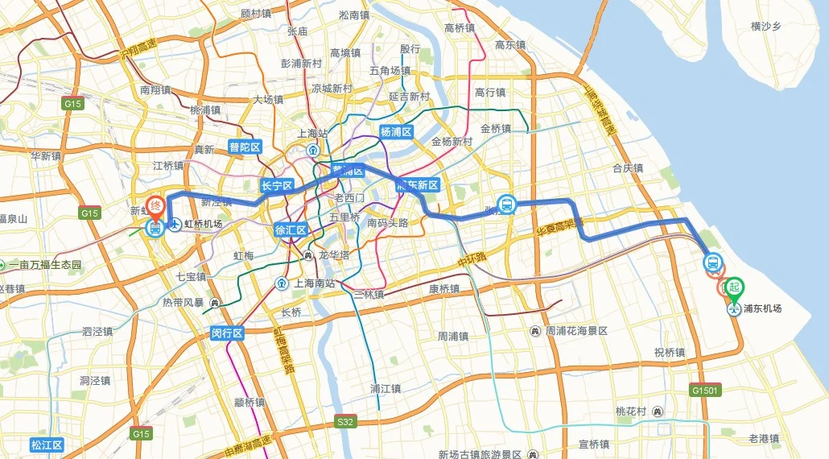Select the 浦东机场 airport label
[761, 308]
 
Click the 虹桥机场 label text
[203, 225]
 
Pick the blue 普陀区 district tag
[245, 147]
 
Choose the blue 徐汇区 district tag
[291, 229]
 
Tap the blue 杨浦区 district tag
[396, 131]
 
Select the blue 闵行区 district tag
[226, 333]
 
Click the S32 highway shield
[344, 421]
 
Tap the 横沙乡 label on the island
[766, 27]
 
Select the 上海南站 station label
[315, 283]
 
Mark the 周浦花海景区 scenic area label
[576, 331]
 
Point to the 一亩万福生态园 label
[44, 265]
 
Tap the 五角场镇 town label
[390, 70]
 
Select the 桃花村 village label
[631, 411]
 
